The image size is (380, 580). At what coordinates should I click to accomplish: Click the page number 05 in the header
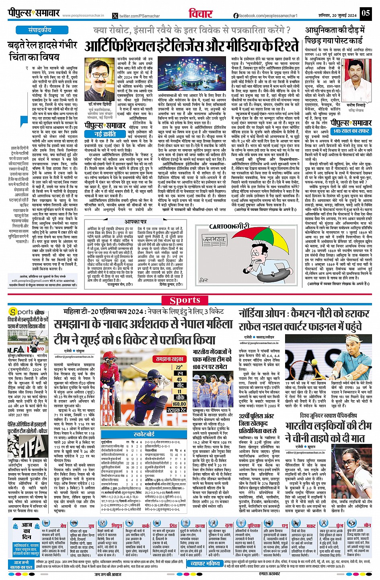pyautogui.click(x=365, y=13)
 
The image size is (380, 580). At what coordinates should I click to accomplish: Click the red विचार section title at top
pyautogui.click(x=200, y=13)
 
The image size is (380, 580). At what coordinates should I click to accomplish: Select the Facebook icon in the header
pyautogui.click(x=236, y=16)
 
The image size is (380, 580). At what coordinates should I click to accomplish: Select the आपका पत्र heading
pyautogui.click(x=135, y=221)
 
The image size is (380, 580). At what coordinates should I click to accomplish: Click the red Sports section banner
pyautogui.click(x=185, y=300)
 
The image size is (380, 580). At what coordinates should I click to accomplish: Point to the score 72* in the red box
pyautogui.click(x=179, y=367)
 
